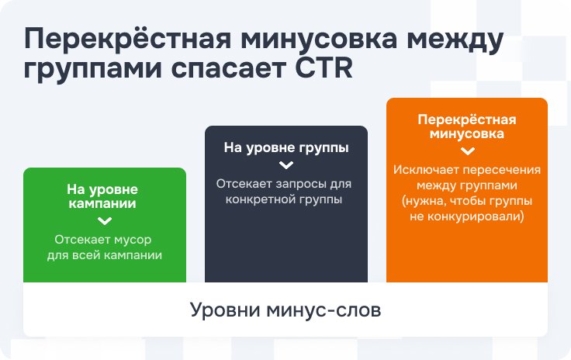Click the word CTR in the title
(324, 67)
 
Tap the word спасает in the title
(228, 69)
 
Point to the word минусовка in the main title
(319, 39)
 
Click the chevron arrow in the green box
(105, 221)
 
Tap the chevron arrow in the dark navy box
(286, 165)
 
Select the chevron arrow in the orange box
(468, 151)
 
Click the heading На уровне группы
(286, 147)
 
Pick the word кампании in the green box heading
(102, 203)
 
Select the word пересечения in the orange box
(502, 171)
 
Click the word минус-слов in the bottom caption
(324, 311)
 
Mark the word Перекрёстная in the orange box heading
(467, 119)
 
